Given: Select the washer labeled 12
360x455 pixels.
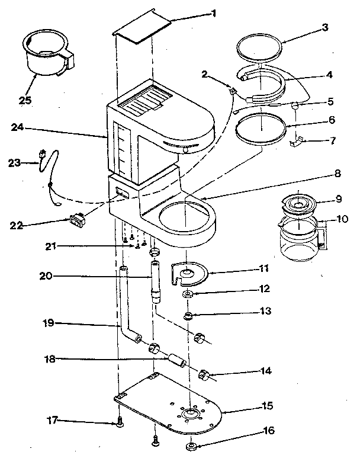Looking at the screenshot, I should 188,294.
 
